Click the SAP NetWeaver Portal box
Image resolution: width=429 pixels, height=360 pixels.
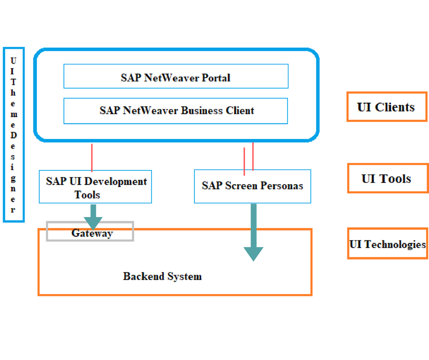pyautogui.click(x=176, y=76)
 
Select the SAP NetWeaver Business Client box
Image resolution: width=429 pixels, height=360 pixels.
pyautogui.click(x=176, y=111)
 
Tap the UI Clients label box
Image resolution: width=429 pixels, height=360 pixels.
pyautogui.click(x=386, y=107)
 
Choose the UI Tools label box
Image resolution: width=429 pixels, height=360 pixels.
pyautogui.click(x=387, y=178)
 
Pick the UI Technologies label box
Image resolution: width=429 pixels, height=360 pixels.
pyautogui.click(x=387, y=244)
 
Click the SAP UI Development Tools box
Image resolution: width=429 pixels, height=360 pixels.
pyautogui.click(x=95, y=187)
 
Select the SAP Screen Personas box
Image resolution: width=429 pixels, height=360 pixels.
pyautogui.click(x=252, y=186)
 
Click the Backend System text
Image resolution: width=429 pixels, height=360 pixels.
pyautogui.click(x=162, y=276)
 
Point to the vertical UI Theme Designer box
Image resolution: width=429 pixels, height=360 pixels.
pyautogui.click(x=13, y=135)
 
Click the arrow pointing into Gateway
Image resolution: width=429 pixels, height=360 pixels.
pyautogui.click(x=94, y=217)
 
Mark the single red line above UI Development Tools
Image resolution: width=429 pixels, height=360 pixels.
pyautogui.click(x=92, y=157)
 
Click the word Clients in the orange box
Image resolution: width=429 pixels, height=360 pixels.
pyautogui.click(x=395, y=107)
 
